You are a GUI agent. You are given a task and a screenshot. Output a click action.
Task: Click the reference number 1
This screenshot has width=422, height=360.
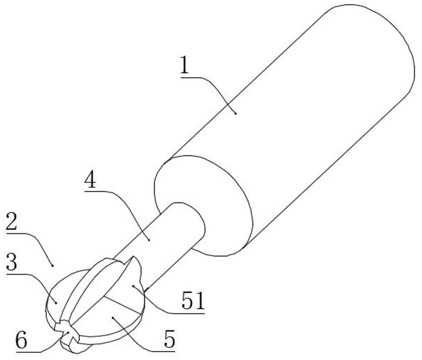tap(185, 65)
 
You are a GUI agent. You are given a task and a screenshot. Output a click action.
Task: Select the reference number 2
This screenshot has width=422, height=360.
tap(11, 221)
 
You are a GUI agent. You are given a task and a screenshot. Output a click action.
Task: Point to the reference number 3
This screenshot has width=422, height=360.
tap(11, 262)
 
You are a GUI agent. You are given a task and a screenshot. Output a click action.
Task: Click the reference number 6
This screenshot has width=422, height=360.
tap(22, 340)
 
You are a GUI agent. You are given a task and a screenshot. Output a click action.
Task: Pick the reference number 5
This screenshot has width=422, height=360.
tap(170, 340)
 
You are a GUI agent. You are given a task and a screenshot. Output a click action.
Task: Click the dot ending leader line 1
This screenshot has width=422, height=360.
tap(236, 114)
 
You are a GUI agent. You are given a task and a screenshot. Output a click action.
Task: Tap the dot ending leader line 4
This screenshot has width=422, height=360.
tap(149, 240)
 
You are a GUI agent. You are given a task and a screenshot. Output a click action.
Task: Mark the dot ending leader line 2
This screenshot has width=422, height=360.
tap(52, 266)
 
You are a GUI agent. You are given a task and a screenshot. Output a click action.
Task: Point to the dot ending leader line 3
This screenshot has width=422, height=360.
tap(56, 303)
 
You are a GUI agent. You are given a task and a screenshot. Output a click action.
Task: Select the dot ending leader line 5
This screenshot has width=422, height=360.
tap(113, 318)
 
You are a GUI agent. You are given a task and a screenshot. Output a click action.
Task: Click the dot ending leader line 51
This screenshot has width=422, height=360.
tap(133, 286)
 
